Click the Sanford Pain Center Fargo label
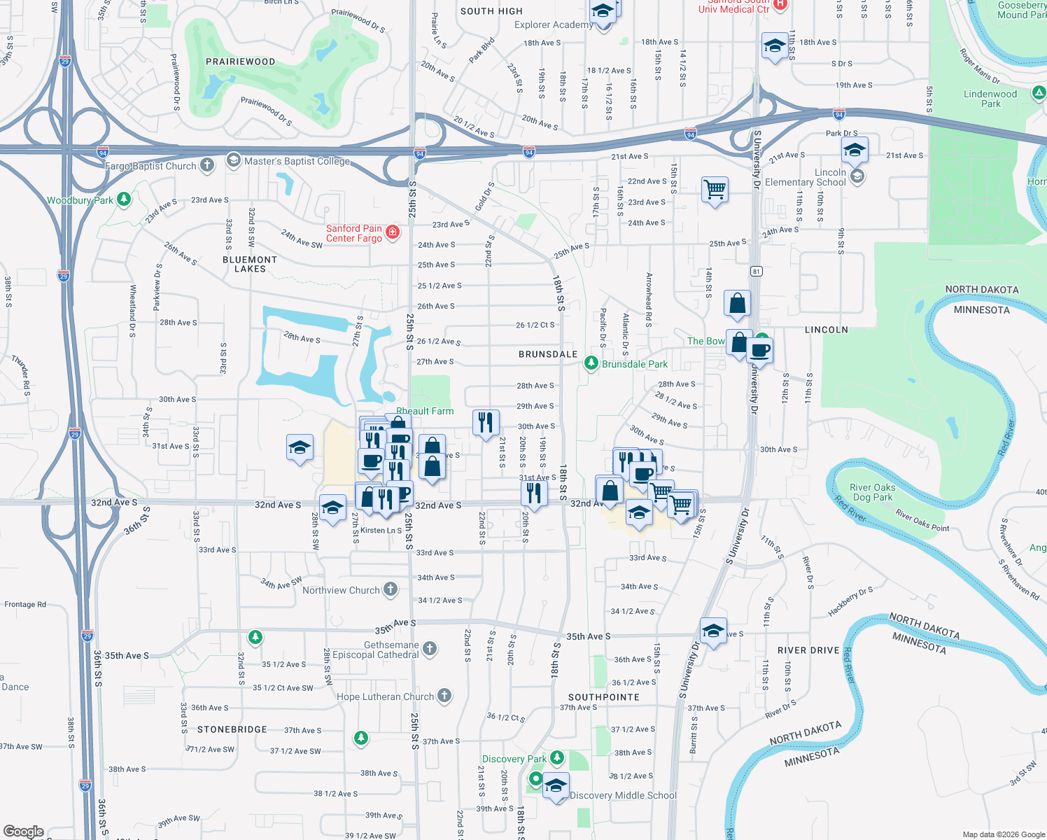(354, 233)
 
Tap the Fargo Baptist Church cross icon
(207, 165)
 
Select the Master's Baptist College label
(297, 162)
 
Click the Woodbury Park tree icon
(124, 199)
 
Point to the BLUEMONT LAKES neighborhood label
(250, 264)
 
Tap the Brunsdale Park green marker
(591, 363)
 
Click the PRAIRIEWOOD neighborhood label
(241, 62)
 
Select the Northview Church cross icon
(391, 590)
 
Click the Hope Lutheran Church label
(386, 696)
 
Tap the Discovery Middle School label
(623, 795)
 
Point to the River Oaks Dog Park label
(872, 492)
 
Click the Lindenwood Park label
(990, 99)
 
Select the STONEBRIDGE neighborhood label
(232, 729)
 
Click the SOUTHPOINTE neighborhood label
(604, 697)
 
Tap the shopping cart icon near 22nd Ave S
(715, 188)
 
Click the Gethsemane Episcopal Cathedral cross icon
(430, 649)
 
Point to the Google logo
(24, 831)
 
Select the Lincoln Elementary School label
(806, 177)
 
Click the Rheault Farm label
(425, 411)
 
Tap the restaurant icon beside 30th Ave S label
(486, 422)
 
